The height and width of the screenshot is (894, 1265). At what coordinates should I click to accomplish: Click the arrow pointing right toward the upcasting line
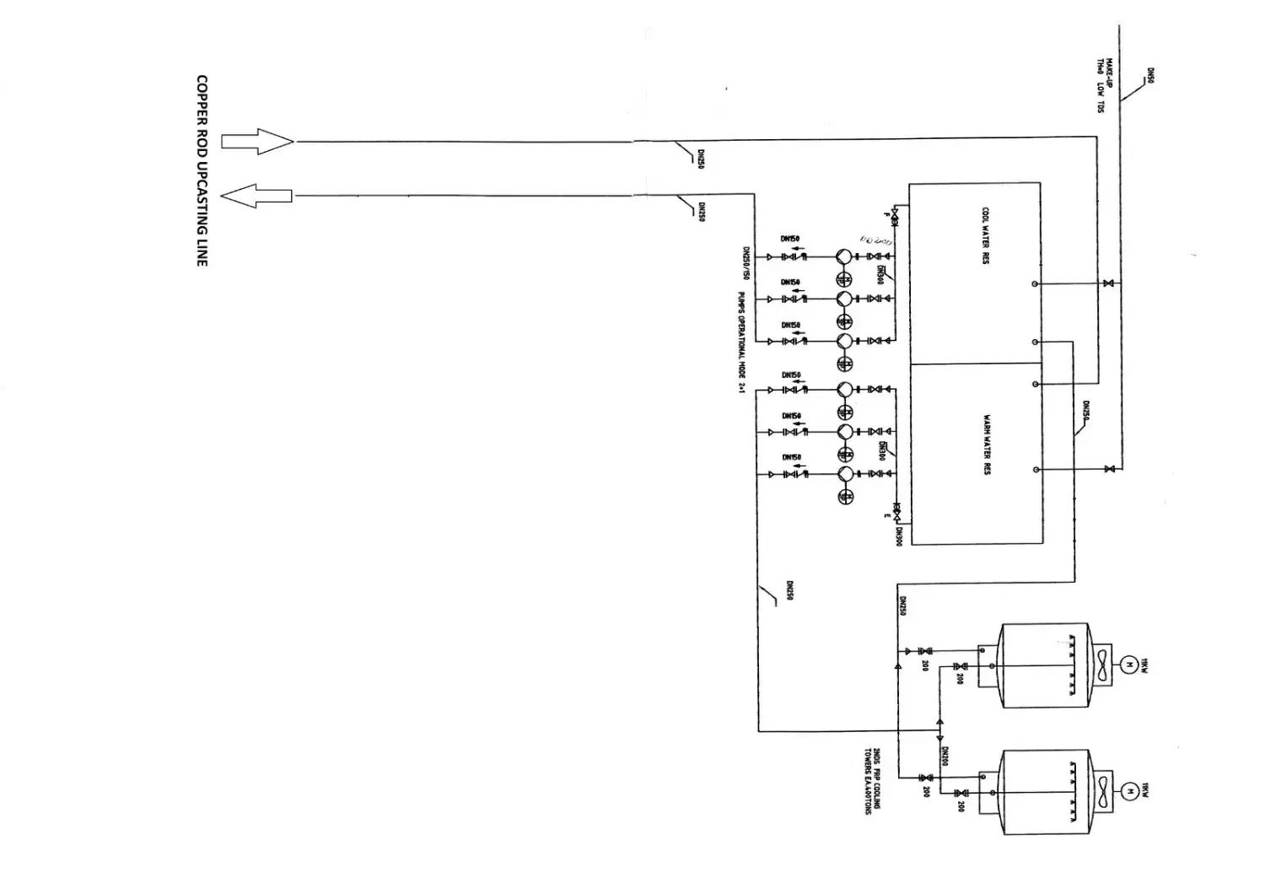point(257,142)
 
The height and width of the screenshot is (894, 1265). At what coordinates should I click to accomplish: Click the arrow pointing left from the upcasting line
point(256,197)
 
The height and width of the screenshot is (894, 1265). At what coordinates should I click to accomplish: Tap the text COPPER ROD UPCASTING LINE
point(202,171)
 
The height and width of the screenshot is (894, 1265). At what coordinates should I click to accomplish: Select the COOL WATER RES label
point(985,236)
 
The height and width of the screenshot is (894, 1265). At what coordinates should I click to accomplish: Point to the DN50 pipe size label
point(1150,77)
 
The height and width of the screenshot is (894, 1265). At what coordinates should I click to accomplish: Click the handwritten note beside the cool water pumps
point(876,240)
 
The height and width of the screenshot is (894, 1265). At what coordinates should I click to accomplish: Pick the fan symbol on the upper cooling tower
point(1102,665)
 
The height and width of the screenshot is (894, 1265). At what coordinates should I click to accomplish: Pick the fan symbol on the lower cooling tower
point(1102,790)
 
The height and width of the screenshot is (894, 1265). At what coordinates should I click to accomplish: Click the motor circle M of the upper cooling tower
point(1128,665)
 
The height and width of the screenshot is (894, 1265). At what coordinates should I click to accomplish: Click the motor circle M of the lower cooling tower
point(1128,790)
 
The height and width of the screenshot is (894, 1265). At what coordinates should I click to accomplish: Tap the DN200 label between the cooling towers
point(946,757)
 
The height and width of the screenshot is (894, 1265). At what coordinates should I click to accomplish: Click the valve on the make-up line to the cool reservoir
point(1108,283)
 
